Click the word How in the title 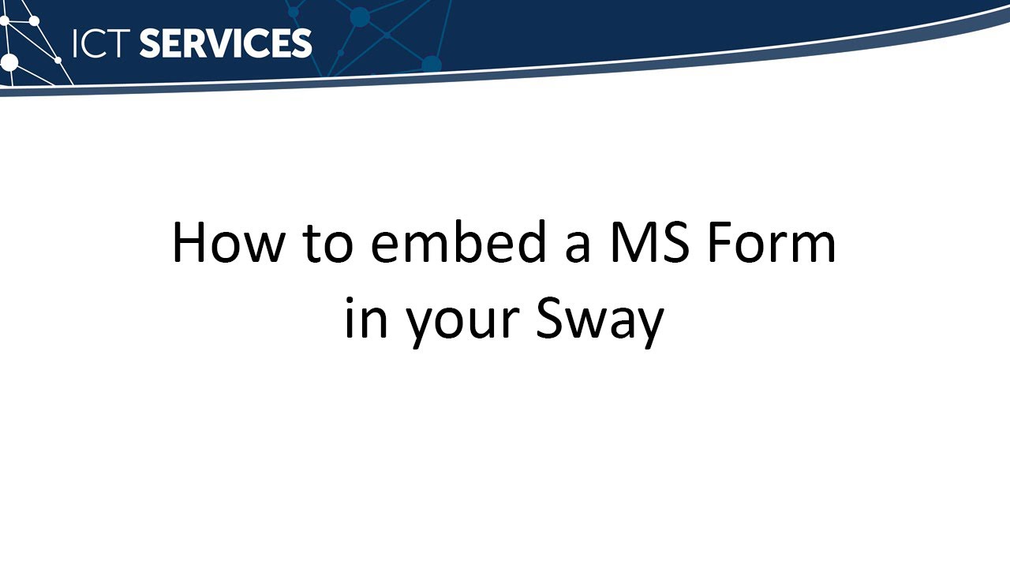tap(227, 243)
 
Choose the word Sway tap(600, 322)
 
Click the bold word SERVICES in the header tap(226, 43)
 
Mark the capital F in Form tap(718, 243)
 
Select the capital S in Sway tap(551, 322)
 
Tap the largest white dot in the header tap(9, 62)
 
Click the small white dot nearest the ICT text tap(58, 60)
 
